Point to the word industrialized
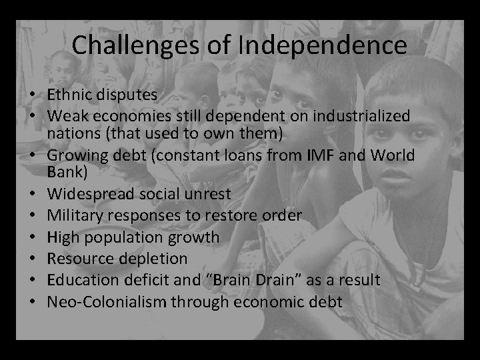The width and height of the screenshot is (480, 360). pyautogui.click(x=363, y=116)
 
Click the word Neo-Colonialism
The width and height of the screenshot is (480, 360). pyautogui.click(x=106, y=301)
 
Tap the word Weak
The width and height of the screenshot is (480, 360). pyautogui.click(x=65, y=116)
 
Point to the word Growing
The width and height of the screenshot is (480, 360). pyautogui.click(x=74, y=156)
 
